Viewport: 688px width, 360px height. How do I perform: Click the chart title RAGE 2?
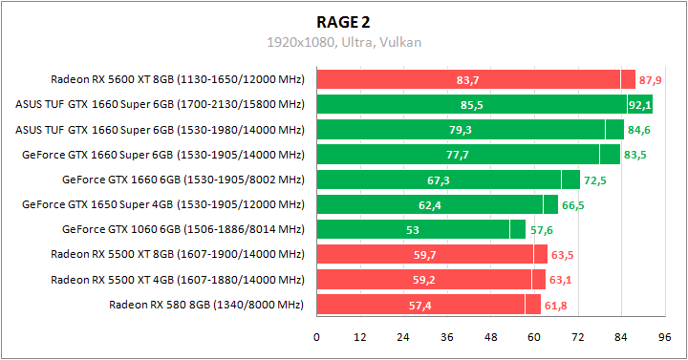click(x=344, y=22)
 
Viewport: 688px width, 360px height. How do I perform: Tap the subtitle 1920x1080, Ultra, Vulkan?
click(x=344, y=42)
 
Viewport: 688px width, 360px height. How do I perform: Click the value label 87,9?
click(x=651, y=79)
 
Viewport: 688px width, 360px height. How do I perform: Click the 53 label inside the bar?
click(x=412, y=229)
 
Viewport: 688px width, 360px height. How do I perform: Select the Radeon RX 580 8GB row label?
click(x=205, y=305)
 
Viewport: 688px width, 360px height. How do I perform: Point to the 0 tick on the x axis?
click(x=316, y=337)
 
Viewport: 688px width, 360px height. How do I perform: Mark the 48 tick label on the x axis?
click(x=490, y=337)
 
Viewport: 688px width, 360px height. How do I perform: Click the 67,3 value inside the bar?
click(x=439, y=180)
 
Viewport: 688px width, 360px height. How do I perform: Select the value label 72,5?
click(x=594, y=180)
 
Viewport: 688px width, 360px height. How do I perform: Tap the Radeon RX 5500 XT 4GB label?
click(x=177, y=280)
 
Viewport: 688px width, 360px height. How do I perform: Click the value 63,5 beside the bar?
click(x=562, y=255)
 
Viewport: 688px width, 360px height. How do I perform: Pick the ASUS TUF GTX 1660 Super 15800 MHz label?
click(x=160, y=104)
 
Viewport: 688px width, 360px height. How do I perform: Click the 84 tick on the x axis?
click(x=621, y=337)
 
